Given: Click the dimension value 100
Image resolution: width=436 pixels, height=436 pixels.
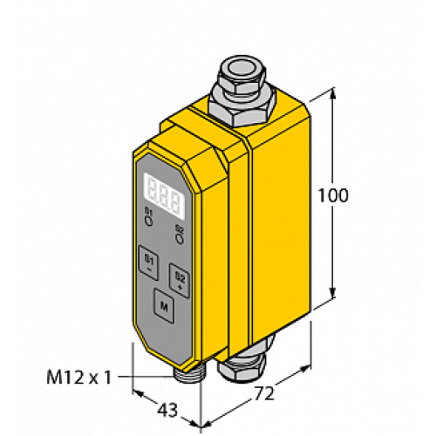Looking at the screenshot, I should click(x=334, y=195).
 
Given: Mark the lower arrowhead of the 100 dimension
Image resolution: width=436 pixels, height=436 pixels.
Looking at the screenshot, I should click(x=334, y=297).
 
